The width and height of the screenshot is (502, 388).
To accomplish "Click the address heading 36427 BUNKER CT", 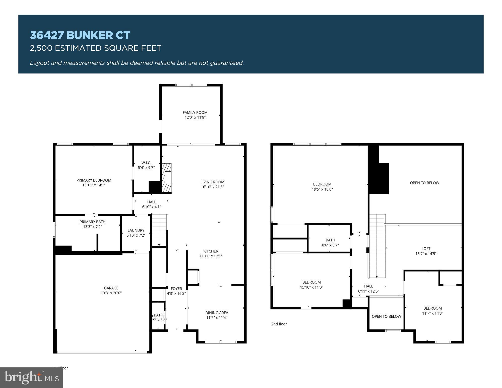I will [80, 35].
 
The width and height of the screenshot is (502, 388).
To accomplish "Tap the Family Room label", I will [195, 113].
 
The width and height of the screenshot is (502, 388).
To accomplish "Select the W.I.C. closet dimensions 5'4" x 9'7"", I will [146, 168].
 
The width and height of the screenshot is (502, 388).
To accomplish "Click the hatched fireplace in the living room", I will [166, 178].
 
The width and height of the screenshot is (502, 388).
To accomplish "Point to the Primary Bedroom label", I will [94, 180].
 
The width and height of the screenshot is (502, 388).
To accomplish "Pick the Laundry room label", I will [136, 230].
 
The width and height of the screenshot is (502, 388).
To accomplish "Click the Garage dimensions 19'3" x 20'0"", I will [111, 293].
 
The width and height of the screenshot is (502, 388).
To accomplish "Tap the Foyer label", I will [176, 289].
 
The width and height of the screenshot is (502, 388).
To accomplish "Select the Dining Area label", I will [217, 313].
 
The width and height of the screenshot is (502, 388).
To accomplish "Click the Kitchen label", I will [211, 251].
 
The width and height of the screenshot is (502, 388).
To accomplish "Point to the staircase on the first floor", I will [159, 230].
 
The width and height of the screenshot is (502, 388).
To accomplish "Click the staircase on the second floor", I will [376, 246].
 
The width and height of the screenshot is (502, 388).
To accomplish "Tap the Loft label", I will [426, 249].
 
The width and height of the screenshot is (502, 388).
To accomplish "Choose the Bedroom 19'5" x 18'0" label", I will [322, 184].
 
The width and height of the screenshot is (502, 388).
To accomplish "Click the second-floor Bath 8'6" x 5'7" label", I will [330, 240].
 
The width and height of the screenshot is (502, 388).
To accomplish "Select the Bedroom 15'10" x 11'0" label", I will [311, 282].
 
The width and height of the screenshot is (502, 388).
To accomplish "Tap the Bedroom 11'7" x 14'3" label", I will [432, 308].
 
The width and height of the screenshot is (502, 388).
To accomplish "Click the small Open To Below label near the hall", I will [386, 316].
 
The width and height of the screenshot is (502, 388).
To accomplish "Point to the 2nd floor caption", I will [279, 324].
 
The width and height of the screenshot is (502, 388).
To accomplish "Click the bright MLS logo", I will [32, 377].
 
